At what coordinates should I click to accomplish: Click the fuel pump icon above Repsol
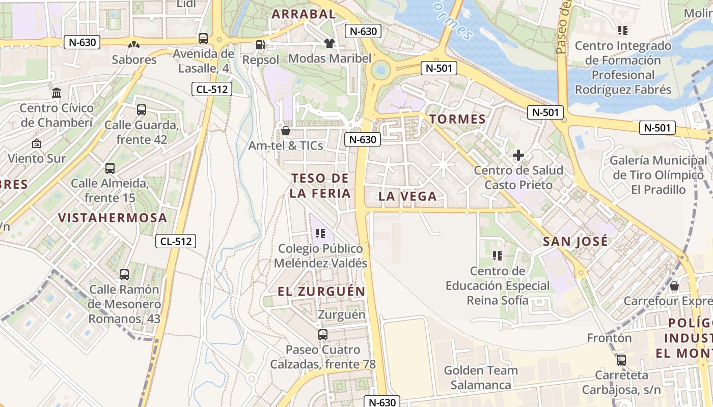[261, 45]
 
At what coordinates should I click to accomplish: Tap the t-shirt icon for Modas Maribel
[330, 43]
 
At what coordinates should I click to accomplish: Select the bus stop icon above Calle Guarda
[142, 109]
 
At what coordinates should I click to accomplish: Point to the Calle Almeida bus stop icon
[110, 168]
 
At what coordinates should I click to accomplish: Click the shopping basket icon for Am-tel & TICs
[286, 131]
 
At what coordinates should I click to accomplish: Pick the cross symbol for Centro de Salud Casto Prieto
[518, 155]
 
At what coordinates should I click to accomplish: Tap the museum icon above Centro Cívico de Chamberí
[57, 93]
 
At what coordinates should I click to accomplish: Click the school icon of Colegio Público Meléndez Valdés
[320, 234]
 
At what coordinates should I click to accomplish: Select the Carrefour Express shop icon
[674, 286]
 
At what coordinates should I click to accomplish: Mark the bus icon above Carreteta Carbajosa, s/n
[621, 360]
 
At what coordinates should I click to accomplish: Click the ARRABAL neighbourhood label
[304, 14]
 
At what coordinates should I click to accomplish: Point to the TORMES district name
[457, 120]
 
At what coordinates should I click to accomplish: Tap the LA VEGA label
[407, 196]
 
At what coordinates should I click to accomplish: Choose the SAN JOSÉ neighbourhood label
[575, 241]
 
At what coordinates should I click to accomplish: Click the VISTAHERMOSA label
[113, 218]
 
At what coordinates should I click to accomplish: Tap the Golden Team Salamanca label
[481, 377]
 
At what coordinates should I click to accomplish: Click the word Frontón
[609, 338]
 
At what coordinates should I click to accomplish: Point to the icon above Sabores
[134, 45]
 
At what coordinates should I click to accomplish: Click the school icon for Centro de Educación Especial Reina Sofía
[498, 256]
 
